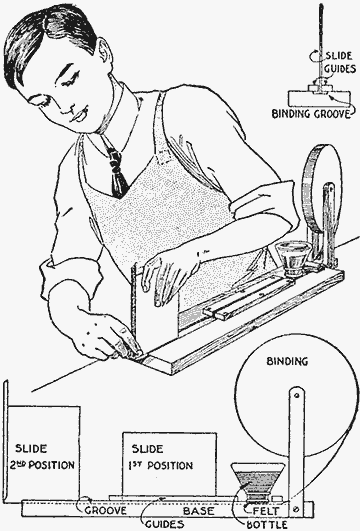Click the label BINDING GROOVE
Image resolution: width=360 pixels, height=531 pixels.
coord(311,114)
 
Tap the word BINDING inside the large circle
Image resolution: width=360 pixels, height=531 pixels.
coord(287,361)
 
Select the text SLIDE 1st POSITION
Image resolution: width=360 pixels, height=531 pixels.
coord(161,457)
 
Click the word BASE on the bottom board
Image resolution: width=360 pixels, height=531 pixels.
coord(199,511)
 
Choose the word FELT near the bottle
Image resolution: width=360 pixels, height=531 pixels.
coord(267,511)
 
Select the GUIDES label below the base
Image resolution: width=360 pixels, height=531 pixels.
coord(165,525)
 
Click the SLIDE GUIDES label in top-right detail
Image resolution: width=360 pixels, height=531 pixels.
coord(340,62)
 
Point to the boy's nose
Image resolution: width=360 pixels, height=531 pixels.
coord(69,103)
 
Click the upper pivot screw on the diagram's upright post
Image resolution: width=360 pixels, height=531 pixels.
coord(297,395)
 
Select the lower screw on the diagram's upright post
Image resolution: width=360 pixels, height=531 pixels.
coord(297,508)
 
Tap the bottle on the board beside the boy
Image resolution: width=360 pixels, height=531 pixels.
coord(292,259)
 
